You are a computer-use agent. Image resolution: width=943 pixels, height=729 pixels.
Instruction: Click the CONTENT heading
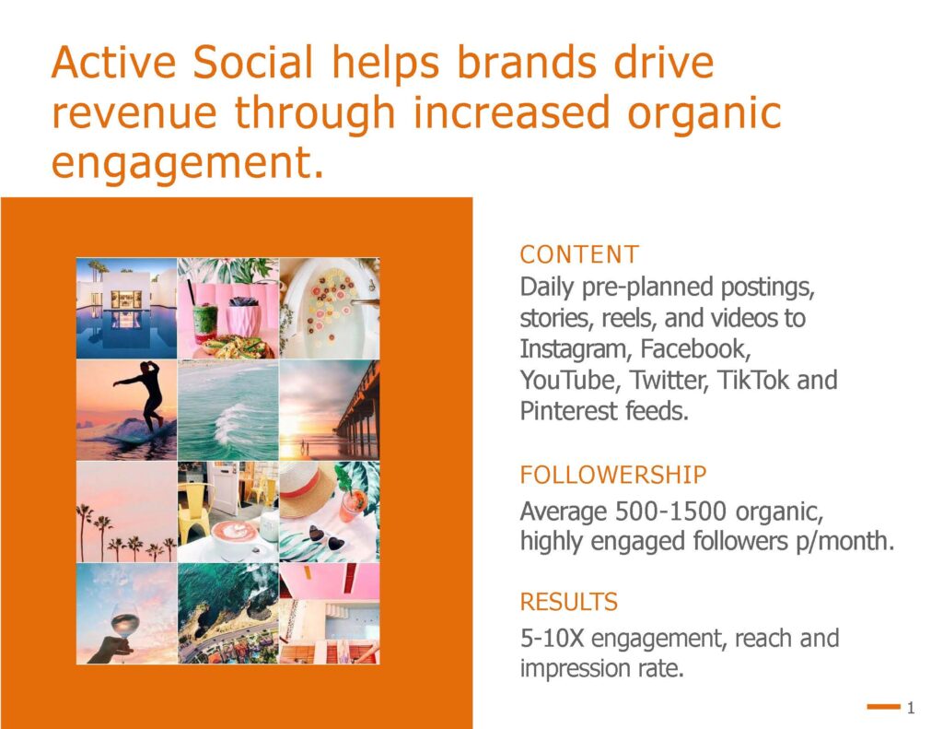click(x=579, y=254)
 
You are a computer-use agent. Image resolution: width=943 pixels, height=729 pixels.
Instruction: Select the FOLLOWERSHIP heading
click(x=612, y=475)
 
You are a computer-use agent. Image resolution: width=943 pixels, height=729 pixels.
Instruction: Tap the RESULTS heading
click(x=569, y=602)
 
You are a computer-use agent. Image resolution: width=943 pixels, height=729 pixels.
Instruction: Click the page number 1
click(x=911, y=707)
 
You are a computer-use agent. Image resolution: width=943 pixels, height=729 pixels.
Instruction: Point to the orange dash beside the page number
click(x=883, y=707)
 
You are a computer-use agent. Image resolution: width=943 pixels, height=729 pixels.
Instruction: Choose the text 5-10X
click(x=553, y=639)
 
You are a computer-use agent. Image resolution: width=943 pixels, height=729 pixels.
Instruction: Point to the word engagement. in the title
click(x=188, y=164)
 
